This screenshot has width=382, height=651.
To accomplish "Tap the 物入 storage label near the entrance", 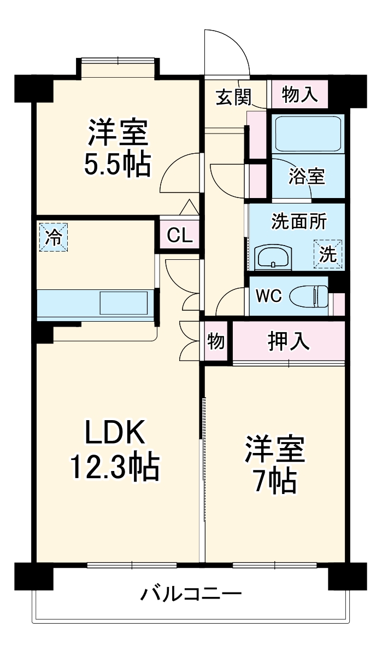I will [x=299, y=94].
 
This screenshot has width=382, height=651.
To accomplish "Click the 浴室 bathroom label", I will [x=307, y=177].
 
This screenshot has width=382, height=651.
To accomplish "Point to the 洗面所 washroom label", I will [x=298, y=222].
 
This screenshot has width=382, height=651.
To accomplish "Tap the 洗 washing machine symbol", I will [x=328, y=255].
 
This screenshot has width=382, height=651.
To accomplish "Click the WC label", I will [x=269, y=296].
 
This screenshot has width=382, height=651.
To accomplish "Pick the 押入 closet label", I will [x=289, y=341].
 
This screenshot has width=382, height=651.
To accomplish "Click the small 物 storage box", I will [x=216, y=341].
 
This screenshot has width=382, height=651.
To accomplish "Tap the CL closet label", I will [x=179, y=235].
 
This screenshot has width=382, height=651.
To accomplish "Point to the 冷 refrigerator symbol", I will [x=54, y=237].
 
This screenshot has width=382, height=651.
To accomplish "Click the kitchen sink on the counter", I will [x=124, y=303].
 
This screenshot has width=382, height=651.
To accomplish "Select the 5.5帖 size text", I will [x=117, y=164].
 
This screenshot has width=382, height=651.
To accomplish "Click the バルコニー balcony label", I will [x=191, y=594].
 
